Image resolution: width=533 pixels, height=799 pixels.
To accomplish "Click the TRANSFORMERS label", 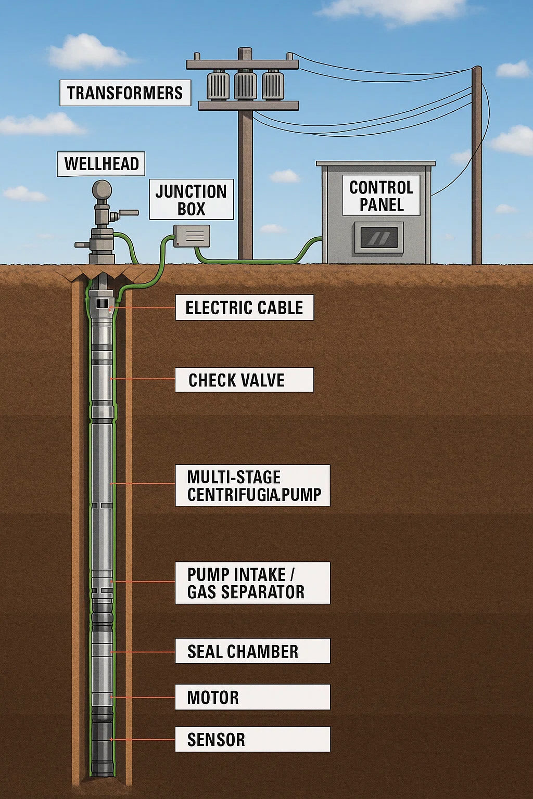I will [125, 93].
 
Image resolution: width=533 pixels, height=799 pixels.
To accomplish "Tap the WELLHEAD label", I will [101, 164].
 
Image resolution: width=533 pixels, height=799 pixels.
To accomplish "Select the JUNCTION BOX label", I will [191, 200].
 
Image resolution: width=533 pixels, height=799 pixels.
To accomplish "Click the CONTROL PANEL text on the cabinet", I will [381, 196].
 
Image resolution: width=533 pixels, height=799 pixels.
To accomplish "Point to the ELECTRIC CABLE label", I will [244, 307].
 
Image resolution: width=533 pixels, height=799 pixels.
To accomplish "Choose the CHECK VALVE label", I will [244, 380].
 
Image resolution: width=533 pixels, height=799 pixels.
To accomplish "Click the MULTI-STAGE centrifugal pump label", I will [252, 485].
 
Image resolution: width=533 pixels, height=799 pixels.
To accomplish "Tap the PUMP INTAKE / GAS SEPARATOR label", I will [252, 583].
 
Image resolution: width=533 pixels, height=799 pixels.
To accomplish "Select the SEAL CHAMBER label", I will [252, 651].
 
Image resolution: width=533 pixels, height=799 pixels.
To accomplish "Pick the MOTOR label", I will [252, 697].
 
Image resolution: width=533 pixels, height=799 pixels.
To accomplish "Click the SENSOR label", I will [252, 739].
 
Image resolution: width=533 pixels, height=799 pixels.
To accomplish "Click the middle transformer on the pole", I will [246, 86].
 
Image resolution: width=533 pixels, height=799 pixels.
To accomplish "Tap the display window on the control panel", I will [379, 238].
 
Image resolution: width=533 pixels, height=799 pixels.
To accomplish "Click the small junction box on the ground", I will [192, 236].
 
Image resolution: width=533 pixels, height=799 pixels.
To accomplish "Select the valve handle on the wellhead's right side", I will [126, 213].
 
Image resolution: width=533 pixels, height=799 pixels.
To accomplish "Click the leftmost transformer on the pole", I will [218, 86].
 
